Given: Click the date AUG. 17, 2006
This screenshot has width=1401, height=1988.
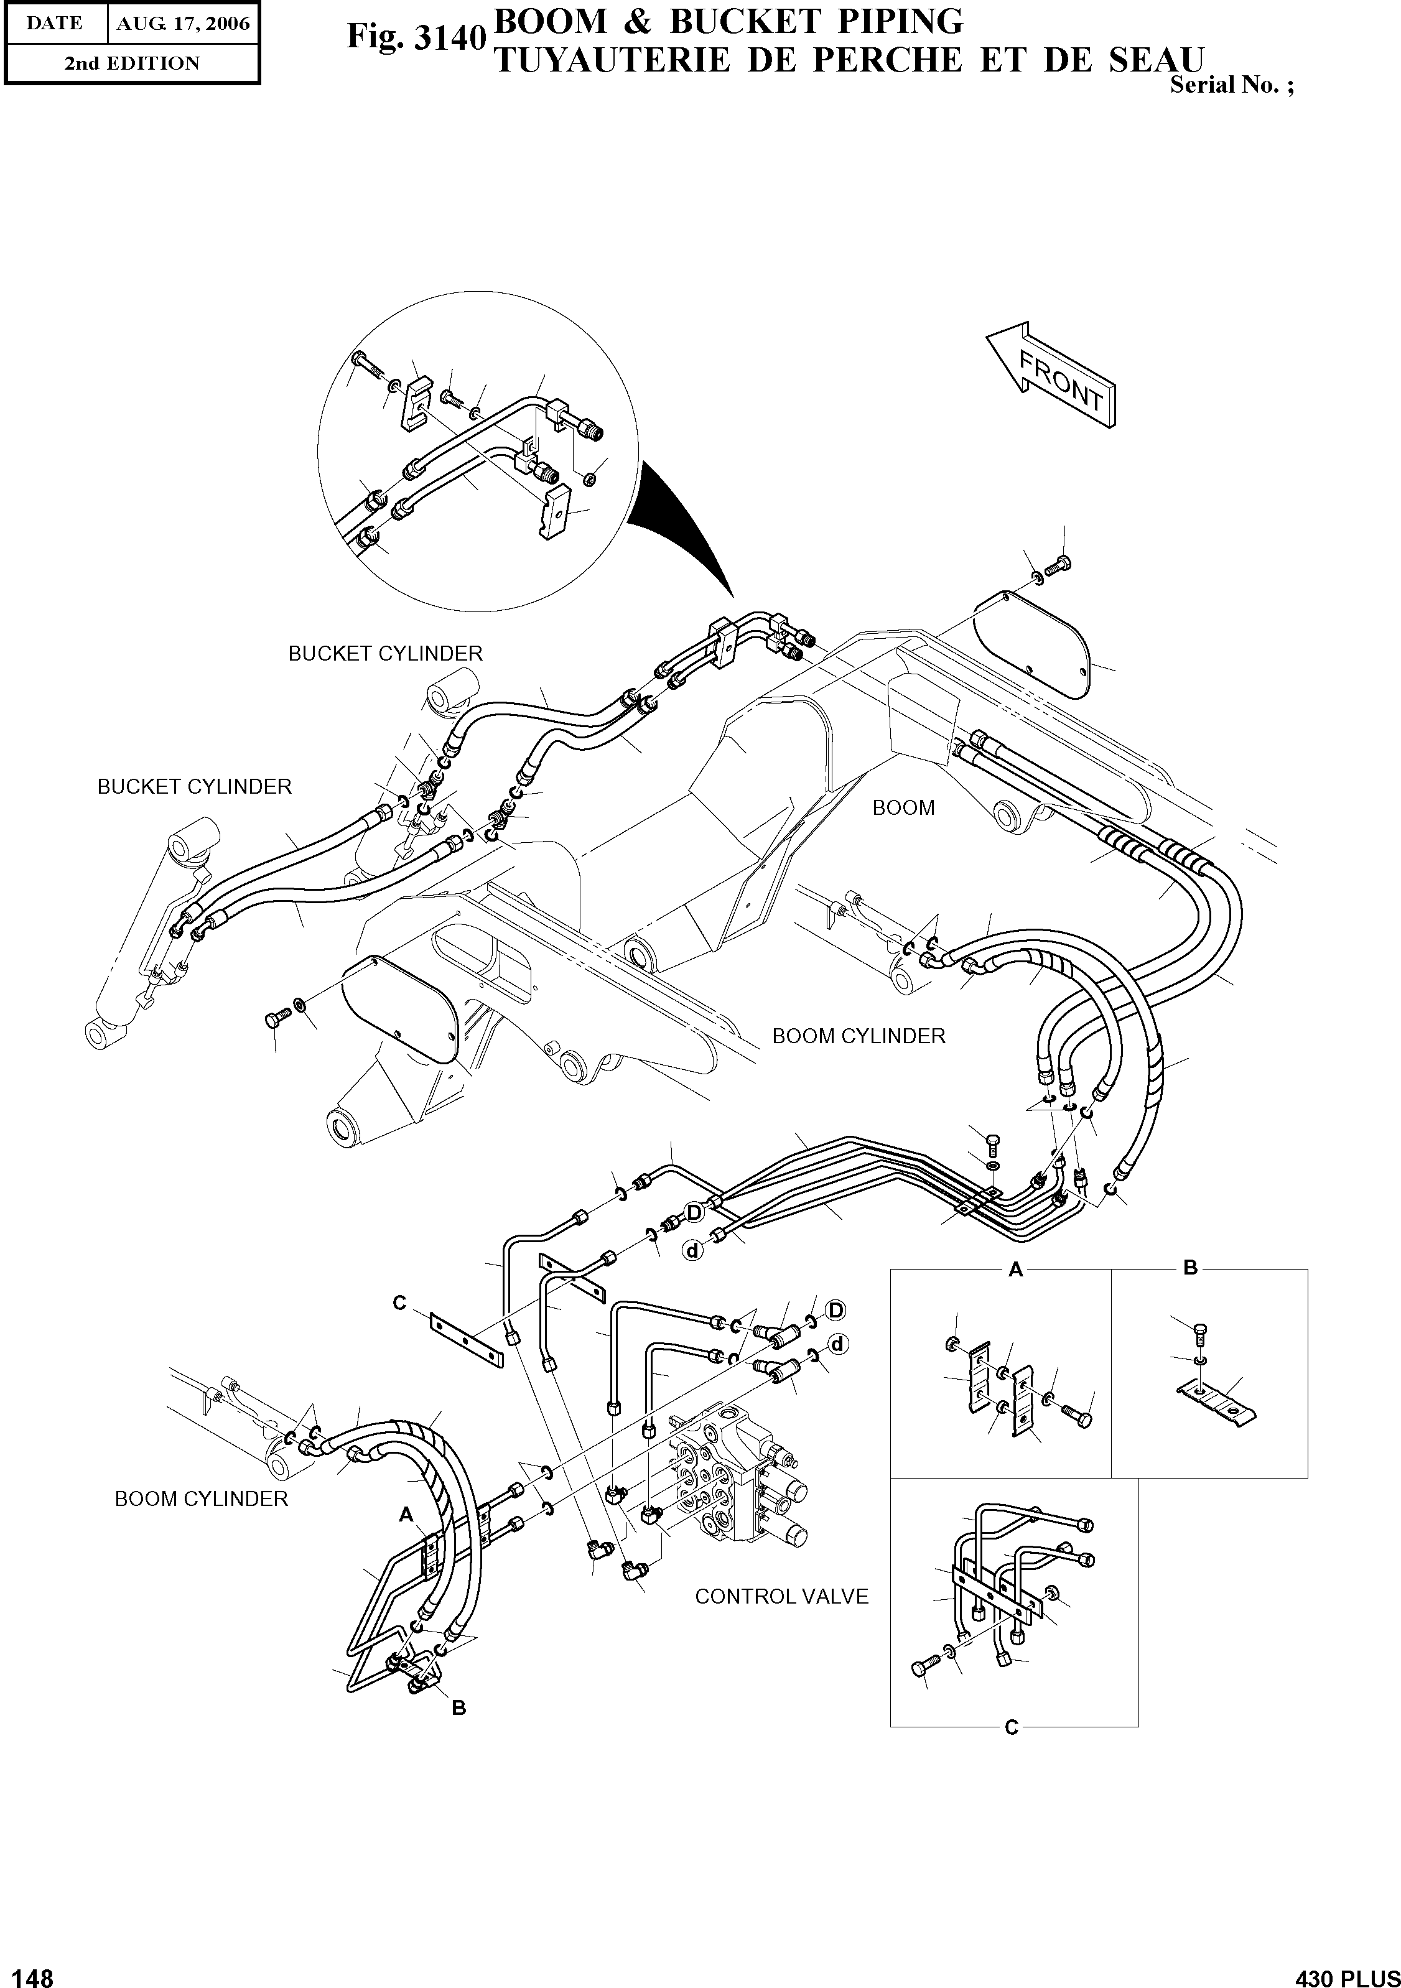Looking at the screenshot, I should click(x=183, y=24).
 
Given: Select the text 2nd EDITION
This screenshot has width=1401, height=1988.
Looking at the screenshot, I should click(x=132, y=63).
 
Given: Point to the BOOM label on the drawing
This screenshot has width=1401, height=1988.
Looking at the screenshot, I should click(x=903, y=808).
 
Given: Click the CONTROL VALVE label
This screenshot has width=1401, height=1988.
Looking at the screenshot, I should click(x=781, y=1597).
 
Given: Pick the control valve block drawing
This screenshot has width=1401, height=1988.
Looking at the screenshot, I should click(x=736, y=1482).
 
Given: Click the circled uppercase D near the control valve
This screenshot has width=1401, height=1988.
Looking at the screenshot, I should click(x=835, y=1310).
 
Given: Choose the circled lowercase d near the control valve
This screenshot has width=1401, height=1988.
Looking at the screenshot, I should click(x=837, y=1345).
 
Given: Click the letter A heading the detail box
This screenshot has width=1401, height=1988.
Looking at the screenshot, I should click(x=1016, y=1270).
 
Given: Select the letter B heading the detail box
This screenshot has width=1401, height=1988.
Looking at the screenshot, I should click(x=1189, y=1268).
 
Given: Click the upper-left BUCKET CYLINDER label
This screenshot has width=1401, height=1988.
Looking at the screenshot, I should click(x=384, y=654).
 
